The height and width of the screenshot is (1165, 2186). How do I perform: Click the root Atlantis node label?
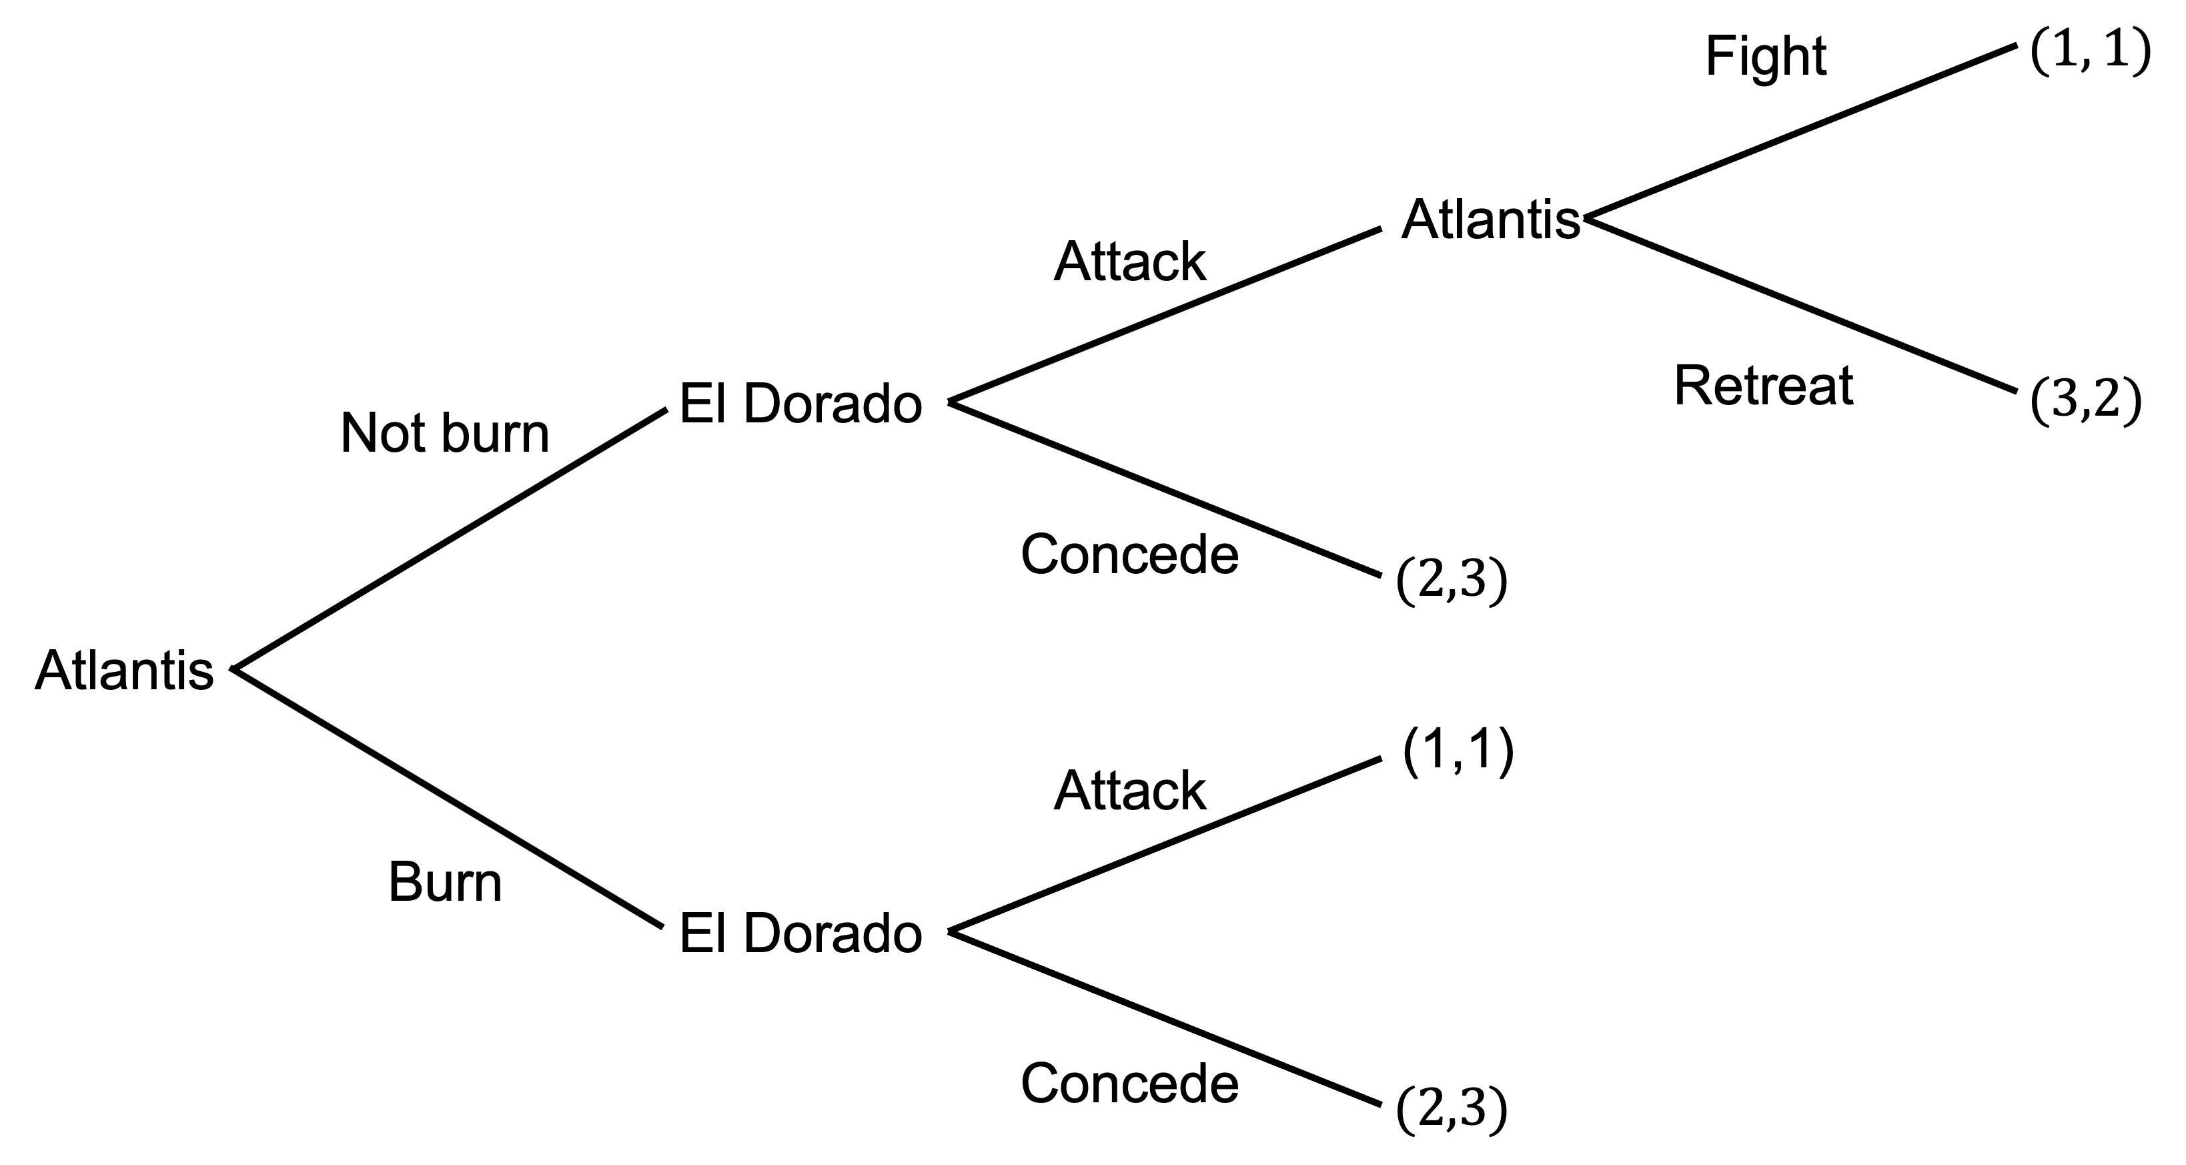tap(124, 671)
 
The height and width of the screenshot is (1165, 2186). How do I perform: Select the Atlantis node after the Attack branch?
tap(1490, 220)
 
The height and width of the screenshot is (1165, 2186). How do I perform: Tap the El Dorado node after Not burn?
tap(800, 404)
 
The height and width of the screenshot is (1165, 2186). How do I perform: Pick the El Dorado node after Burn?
tap(800, 933)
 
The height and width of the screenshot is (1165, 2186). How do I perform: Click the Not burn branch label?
tap(445, 434)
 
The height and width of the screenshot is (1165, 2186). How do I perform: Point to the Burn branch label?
tap(445, 883)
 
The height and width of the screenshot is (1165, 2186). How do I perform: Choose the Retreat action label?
tap(1762, 386)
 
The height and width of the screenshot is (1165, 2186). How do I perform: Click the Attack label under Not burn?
tap(1129, 262)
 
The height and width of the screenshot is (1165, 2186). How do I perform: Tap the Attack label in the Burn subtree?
tap(1129, 791)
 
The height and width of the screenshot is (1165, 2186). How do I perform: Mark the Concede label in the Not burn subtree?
tap(1129, 555)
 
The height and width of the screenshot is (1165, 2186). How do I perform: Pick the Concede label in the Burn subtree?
tap(1129, 1084)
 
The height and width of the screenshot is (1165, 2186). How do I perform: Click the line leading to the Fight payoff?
tap(1799, 131)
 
